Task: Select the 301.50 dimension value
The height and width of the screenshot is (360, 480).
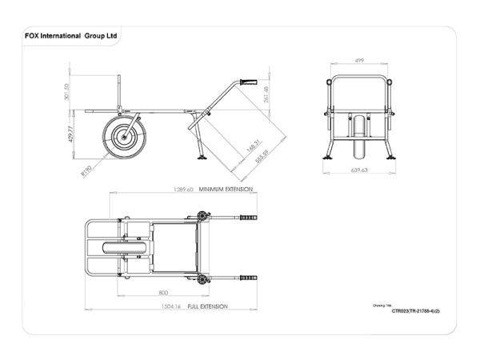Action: click(x=66, y=93)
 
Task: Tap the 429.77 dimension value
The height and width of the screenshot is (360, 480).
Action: click(x=70, y=134)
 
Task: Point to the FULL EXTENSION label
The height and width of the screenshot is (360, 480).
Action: click(x=206, y=306)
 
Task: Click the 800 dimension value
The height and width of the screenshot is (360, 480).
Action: click(x=163, y=293)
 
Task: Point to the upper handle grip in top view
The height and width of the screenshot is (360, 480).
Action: click(x=247, y=218)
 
